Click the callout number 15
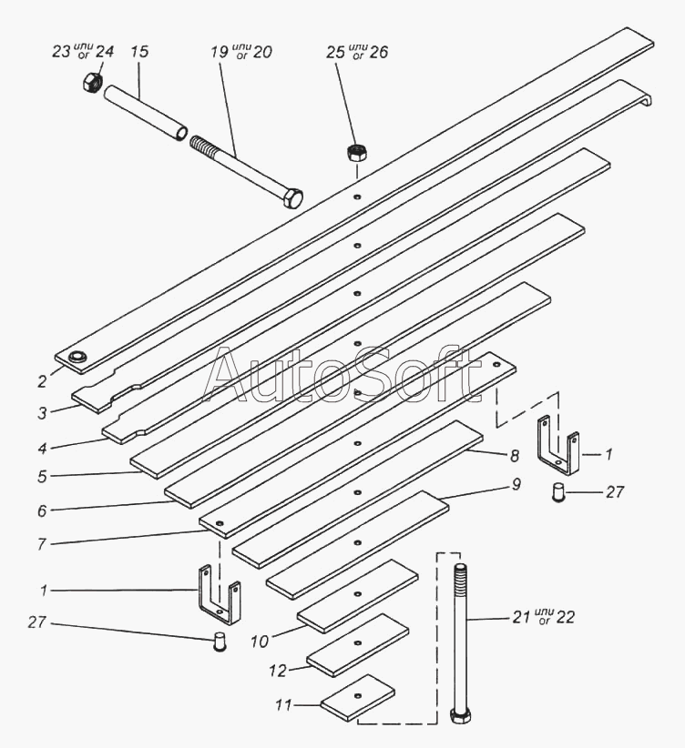139,52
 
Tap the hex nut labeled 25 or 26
356,152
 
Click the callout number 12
279,671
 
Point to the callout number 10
261,642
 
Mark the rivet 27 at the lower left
218,642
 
